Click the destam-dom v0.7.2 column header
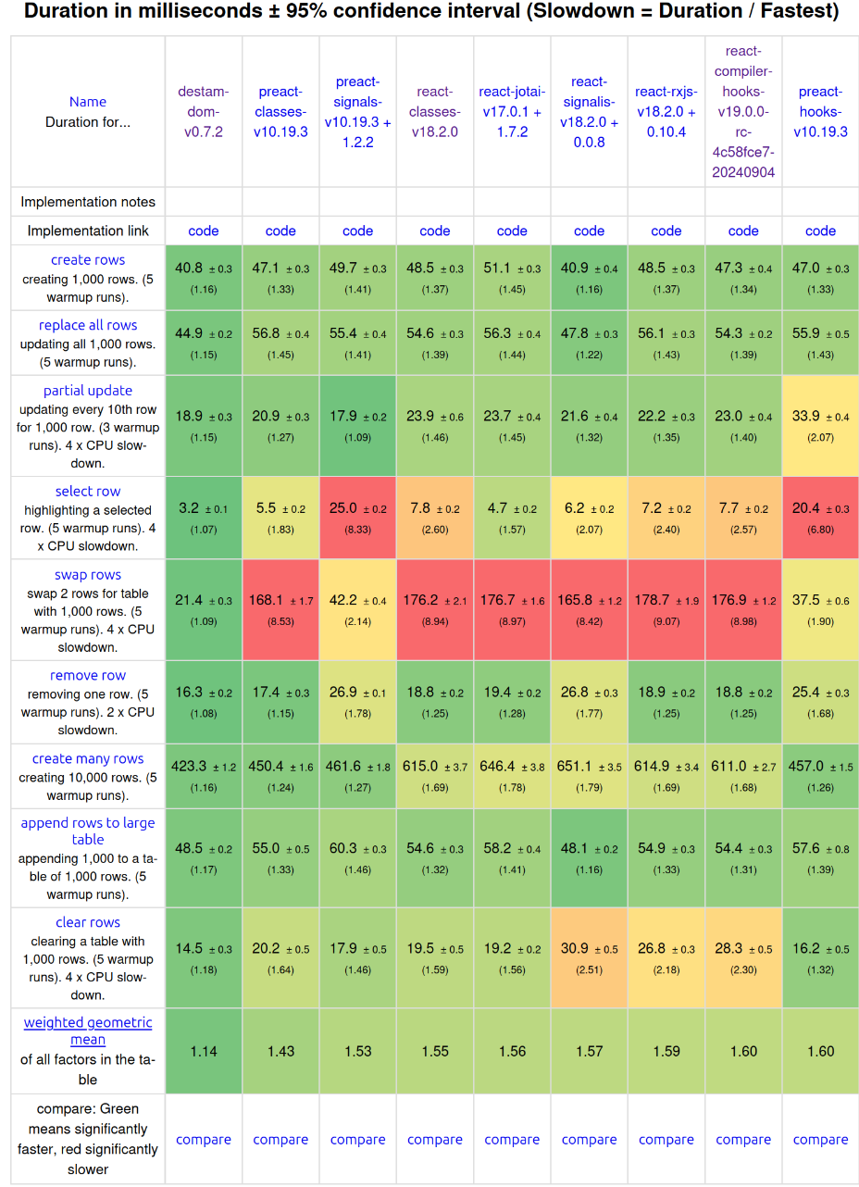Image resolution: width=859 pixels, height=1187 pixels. click(204, 111)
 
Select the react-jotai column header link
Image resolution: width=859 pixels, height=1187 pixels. click(512, 111)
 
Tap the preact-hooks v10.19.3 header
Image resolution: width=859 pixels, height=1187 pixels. click(820, 111)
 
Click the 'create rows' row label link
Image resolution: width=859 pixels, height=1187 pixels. click(88, 260)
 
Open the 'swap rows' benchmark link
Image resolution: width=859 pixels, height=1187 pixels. click(88, 575)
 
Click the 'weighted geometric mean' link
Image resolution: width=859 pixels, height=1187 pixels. click(88, 1031)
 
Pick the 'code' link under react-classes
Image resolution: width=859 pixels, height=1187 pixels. click(435, 231)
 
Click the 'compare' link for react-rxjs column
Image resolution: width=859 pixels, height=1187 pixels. click(666, 1140)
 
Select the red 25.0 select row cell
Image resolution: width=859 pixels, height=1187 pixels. click(357, 517)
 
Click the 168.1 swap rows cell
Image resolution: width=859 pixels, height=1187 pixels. click(280, 608)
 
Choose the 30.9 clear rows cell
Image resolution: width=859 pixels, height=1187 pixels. click(589, 957)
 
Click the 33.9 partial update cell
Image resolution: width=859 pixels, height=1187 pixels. click(820, 425)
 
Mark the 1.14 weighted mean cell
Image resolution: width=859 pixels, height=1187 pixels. click(204, 1051)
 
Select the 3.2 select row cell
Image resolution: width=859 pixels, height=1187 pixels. click(204, 517)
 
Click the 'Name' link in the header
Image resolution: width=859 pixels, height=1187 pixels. click(88, 102)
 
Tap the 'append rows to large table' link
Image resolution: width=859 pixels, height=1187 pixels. click(88, 831)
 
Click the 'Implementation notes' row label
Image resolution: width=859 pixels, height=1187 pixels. click(88, 202)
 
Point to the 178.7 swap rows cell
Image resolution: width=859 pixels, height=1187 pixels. click(666, 608)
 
